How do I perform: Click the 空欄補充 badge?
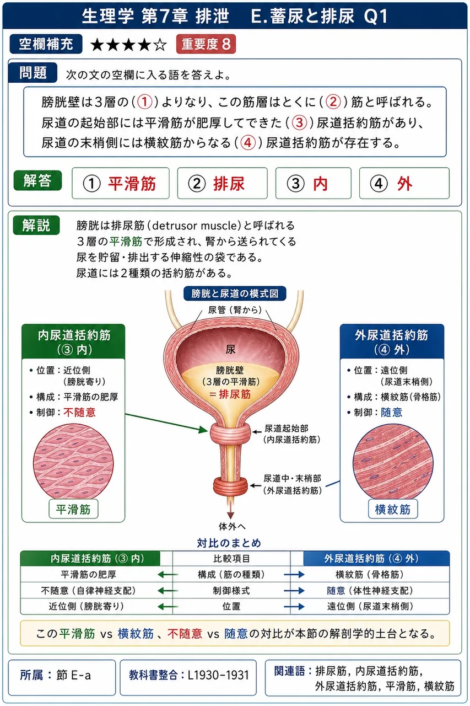(46, 44)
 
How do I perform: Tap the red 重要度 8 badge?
(206, 44)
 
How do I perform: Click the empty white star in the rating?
(160, 45)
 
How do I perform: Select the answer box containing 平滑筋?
(121, 183)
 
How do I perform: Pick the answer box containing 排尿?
(222, 183)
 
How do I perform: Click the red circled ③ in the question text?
(299, 122)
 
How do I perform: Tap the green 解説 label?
(36, 225)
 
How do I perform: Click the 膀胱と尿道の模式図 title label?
(235, 293)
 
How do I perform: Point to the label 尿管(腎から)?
(235, 310)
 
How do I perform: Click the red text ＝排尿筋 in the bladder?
(230, 394)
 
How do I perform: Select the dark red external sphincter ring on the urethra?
(230, 485)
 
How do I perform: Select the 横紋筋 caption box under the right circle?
(393, 509)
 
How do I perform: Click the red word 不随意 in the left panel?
(79, 412)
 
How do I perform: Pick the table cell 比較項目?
(231, 559)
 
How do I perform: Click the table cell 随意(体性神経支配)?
(370, 590)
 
